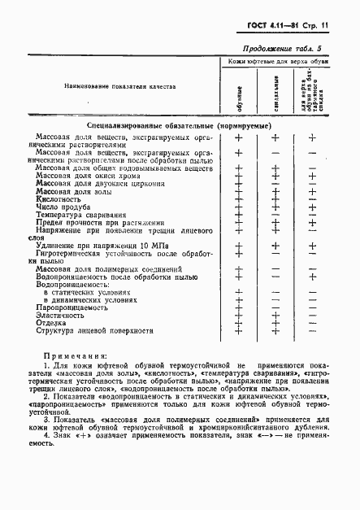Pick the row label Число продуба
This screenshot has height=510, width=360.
click(66, 207)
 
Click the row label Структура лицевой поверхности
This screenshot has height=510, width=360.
click(94, 332)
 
